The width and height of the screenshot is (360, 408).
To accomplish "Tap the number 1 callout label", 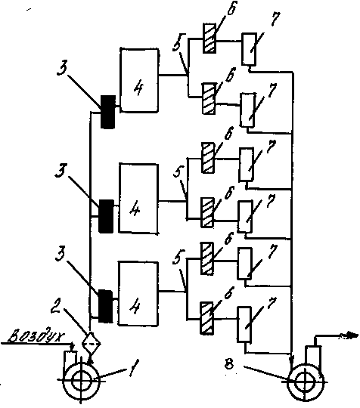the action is click(x=134, y=367).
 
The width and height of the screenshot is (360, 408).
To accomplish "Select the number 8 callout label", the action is click(x=229, y=365).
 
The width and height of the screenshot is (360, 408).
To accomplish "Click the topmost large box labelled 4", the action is click(x=139, y=80).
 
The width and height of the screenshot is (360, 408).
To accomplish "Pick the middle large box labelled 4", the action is click(x=138, y=198).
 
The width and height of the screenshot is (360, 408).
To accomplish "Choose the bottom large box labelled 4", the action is click(x=138, y=293).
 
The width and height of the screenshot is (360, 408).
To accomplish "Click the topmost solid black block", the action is click(x=108, y=112).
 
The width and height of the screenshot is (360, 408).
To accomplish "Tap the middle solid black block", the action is click(x=107, y=216).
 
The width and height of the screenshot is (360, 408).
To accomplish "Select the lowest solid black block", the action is click(x=105, y=306).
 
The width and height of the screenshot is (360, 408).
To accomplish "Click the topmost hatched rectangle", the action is click(x=209, y=39).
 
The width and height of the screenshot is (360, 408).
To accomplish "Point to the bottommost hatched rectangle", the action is click(x=206, y=317).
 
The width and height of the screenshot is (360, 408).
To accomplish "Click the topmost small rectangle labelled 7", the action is click(x=249, y=49).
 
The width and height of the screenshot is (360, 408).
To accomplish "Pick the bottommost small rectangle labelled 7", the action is click(x=244, y=324).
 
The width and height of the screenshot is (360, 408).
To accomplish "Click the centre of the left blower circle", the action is click(x=81, y=380).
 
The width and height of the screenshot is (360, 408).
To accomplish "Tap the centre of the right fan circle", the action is click(x=305, y=382).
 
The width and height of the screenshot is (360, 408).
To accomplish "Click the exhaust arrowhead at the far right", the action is click(x=350, y=336).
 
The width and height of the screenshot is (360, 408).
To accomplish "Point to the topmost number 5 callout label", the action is click(x=179, y=42).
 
